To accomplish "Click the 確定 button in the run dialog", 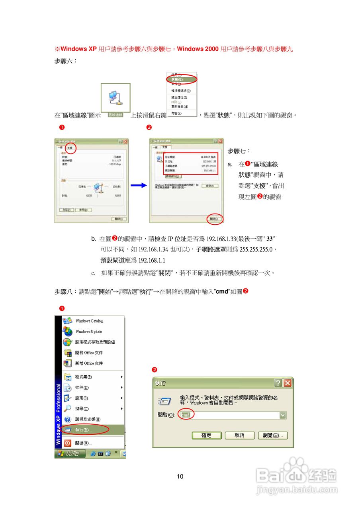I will coord(206,435).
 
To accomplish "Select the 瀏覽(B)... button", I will coord(273,435).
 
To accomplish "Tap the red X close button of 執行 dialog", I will coord(287,383).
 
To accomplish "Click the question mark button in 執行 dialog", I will coord(278,383).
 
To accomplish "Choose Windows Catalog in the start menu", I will coord(89,321).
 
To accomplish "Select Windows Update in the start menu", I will coord(88,331).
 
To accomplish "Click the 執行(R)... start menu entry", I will coord(83,430).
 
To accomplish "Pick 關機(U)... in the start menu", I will coord(83,443).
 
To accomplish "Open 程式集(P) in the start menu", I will coord(83,377).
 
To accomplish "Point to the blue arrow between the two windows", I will coord(137,185).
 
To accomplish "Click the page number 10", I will coord(180,476).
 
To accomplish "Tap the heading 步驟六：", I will coord(66,61).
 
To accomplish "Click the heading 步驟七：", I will coord(239,151).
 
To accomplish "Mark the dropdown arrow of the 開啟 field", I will coord(283,415).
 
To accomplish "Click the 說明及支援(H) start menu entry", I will coord(87,419).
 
